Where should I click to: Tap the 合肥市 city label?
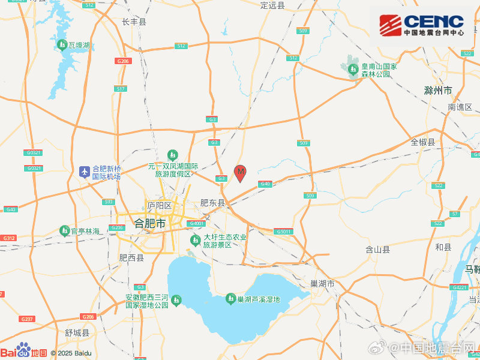tap(150, 223)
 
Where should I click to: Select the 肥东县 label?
tap(212, 203)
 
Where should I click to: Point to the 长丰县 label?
tap(134, 22)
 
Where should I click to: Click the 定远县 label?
tap(273, 5)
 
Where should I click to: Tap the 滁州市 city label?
tap(437, 91)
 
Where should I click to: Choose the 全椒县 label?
tap(423, 142)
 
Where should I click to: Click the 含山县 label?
tap(378, 249)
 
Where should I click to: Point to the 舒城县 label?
tap(77, 332)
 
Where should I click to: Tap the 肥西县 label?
tap(131, 257)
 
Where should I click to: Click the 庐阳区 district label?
tap(160, 206)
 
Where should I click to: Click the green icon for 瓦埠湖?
tap(62, 45)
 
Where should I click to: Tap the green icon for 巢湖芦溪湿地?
tap(230, 298)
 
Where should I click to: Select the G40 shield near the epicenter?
tap(265, 184)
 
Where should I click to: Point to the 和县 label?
tap(443, 247)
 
